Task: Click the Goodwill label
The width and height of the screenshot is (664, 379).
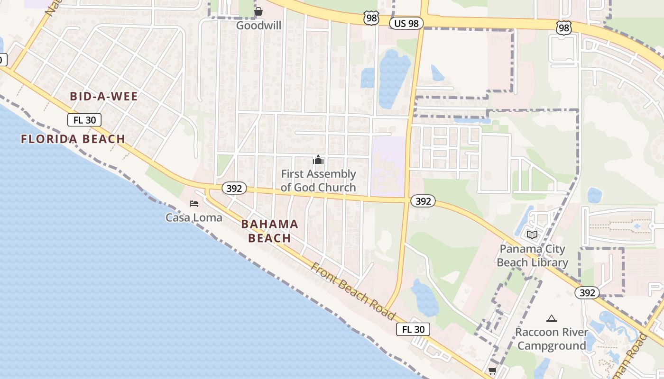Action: click(258, 25)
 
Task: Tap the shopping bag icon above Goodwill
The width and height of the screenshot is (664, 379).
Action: click(258, 11)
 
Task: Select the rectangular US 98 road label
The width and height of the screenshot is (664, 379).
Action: click(406, 23)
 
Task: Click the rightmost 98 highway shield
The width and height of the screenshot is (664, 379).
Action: click(564, 28)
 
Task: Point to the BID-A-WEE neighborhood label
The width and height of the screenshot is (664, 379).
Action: click(103, 97)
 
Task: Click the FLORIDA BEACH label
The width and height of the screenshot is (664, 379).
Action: click(73, 139)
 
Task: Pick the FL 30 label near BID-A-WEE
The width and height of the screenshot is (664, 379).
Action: click(84, 120)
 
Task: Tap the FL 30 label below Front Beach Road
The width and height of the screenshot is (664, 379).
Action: click(413, 329)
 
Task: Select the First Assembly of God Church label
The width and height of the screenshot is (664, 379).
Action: click(318, 180)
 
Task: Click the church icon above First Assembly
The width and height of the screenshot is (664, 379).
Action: click(318, 160)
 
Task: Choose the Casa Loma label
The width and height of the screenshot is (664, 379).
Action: click(194, 217)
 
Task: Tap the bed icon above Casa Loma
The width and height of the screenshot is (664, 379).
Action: click(194, 204)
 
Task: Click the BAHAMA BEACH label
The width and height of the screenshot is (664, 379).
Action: click(269, 231)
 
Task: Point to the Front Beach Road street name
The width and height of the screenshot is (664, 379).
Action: click(353, 291)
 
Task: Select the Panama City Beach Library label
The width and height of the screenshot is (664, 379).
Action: click(532, 255)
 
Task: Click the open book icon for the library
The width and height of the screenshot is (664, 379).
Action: click(532, 235)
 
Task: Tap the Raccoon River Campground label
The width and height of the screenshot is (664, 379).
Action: click(551, 339)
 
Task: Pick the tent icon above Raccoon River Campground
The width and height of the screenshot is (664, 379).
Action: click(551, 319)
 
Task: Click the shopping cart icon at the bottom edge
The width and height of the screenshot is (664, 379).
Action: click(492, 370)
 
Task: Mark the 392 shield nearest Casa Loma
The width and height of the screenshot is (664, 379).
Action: click(234, 188)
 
